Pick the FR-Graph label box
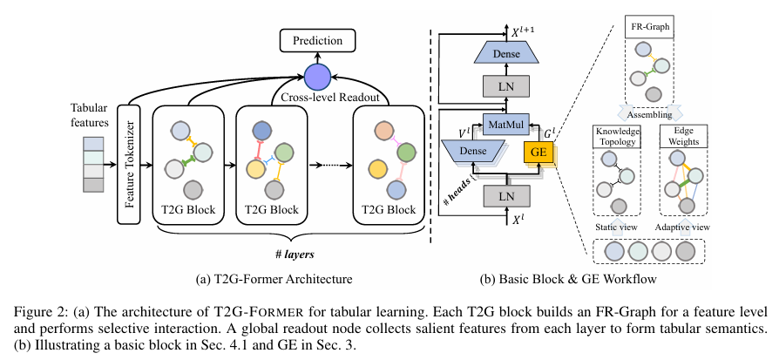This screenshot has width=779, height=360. click(x=650, y=31)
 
